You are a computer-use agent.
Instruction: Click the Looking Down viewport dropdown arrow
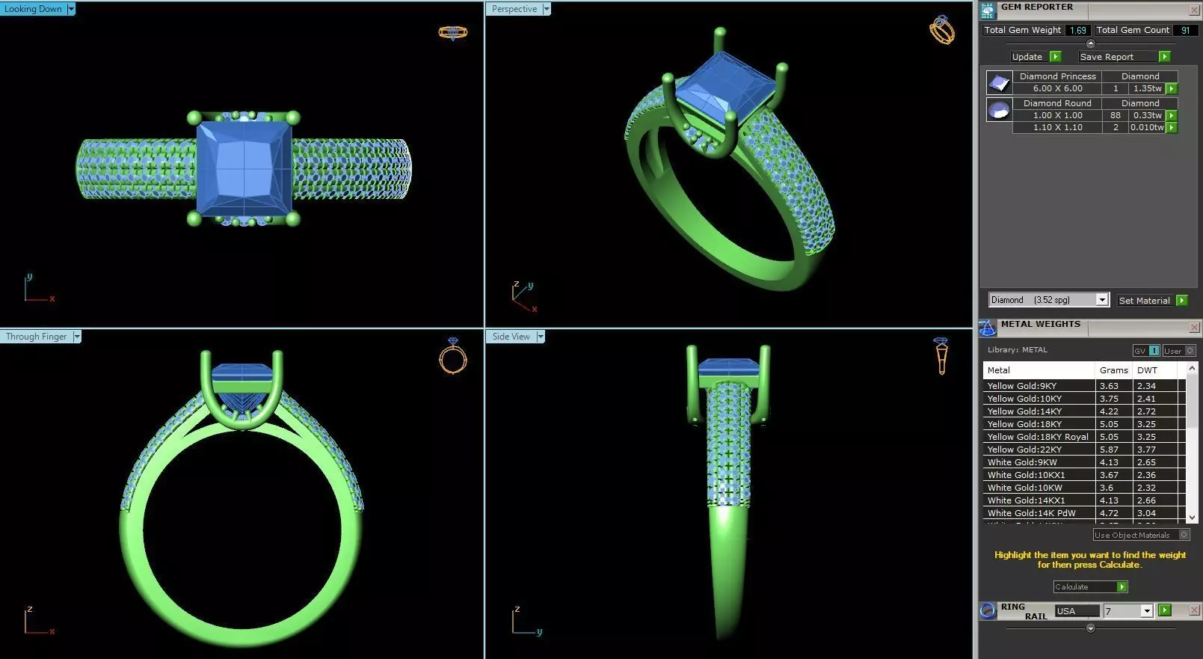(x=71, y=9)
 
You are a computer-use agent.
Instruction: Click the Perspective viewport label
(x=514, y=9)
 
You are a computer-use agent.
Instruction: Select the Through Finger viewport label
(x=36, y=337)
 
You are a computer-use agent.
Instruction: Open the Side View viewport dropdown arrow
(x=541, y=337)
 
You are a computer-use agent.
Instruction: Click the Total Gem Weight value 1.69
(x=1077, y=30)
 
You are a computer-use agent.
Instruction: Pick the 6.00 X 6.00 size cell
(x=1057, y=88)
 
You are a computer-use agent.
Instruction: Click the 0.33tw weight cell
(x=1147, y=115)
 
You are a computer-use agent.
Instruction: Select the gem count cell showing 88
(x=1115, y=115)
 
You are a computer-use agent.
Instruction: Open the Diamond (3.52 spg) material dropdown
(x=1101, y=300)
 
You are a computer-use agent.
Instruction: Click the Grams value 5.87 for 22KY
(x=1109, y=450)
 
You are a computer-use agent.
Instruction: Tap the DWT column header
(x=1147, y=370)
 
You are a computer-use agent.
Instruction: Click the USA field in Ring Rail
(x=1077, y=611)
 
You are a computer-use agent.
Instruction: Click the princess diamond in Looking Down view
(x=244, y=169)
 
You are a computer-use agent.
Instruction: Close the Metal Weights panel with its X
(x=1194, y=327)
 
